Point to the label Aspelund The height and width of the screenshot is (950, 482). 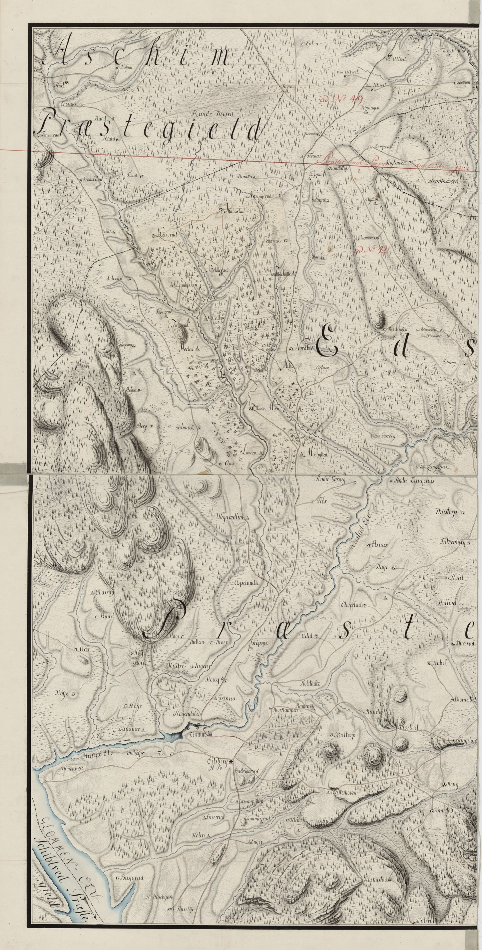pos(245,583)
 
